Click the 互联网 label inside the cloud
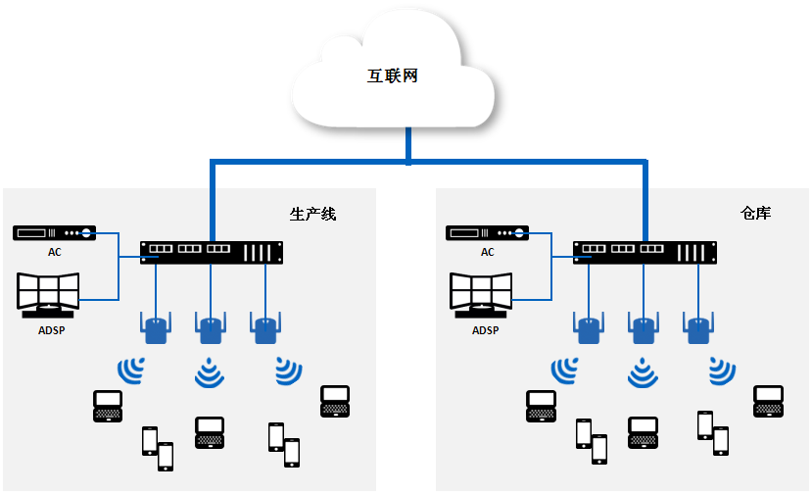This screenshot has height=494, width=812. [x=393, y=75]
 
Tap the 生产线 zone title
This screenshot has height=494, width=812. [x=313, y=213]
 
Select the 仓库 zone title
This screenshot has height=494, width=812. [x=755, y=212]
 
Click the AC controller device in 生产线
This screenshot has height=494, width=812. [x=55, y=233]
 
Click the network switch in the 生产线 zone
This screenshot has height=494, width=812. [x=212, y=252]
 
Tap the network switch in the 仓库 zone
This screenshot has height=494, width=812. [x=645, y=252]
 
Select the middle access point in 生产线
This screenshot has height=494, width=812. [x=210, y=327]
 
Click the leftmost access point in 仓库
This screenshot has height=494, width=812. [x=588, y=327]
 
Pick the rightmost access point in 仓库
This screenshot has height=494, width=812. [x=697, y=327]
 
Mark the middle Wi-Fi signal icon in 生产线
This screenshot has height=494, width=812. [x=210, y=372]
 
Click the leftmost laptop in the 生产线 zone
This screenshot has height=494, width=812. [x=107, y=406]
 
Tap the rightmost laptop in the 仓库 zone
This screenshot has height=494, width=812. [x=768, y=401]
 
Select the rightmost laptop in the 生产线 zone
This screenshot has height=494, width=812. [x=335, y=401]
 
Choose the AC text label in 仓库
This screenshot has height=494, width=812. [x=488, y=252]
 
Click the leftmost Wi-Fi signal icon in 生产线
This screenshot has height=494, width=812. [x=131, y=370]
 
